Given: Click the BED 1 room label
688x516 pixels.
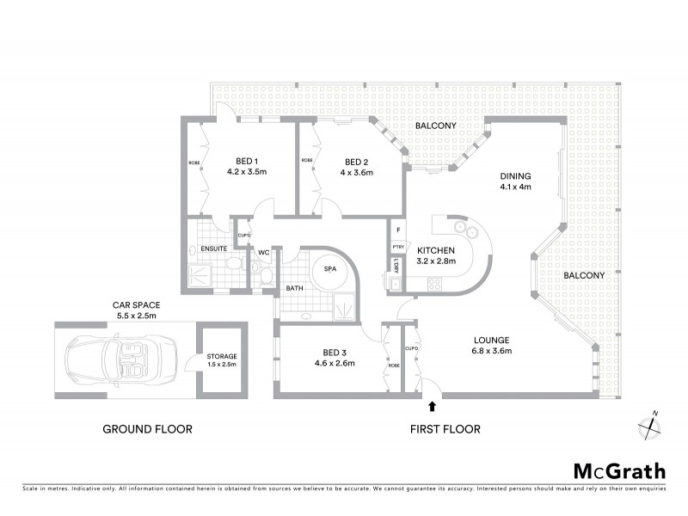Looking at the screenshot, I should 248,161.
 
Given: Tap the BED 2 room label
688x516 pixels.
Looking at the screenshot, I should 358,161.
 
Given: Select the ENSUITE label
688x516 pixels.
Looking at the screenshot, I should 213,249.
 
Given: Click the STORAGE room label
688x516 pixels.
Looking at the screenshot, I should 221,356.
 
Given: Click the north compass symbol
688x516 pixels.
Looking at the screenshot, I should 651,422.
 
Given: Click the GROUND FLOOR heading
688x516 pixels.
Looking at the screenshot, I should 147,429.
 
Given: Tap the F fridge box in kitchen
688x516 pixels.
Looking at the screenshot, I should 397,230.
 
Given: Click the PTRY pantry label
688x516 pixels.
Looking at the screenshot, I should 397,247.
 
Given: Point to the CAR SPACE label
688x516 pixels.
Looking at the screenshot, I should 136,304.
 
